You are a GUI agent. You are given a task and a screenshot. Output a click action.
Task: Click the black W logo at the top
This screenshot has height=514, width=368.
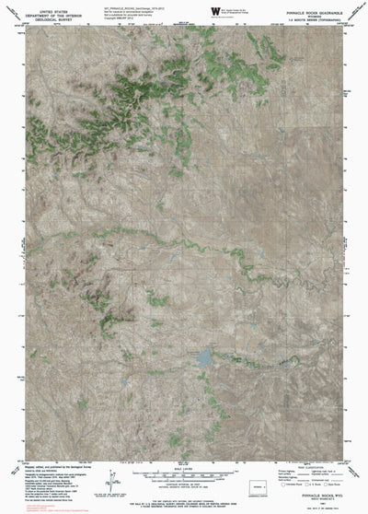coord(215,11)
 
